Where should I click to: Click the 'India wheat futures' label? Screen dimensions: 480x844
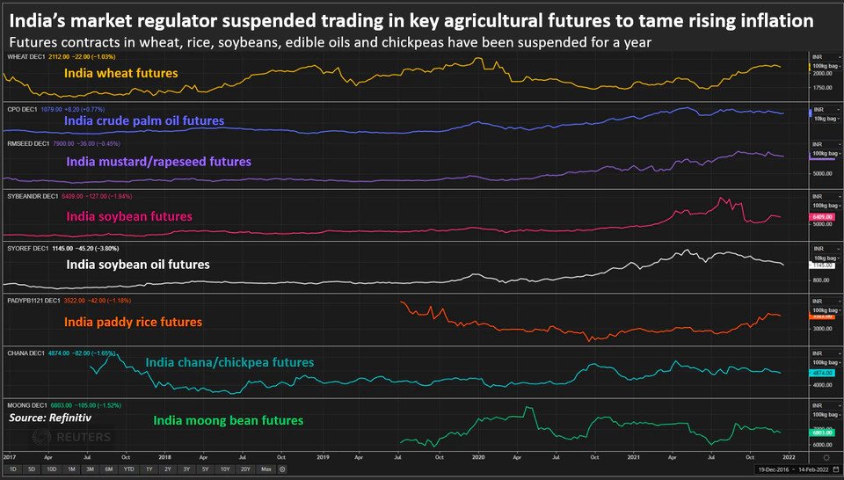click(120, 74)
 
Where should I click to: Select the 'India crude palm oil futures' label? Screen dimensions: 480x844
click(144, 120)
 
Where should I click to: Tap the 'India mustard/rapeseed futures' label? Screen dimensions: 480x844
click(159, 162)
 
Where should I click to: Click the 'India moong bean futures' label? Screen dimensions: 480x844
click(229, 420)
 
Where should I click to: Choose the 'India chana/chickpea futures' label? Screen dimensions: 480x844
click(229, 362)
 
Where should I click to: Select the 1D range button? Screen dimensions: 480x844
click(14, 470)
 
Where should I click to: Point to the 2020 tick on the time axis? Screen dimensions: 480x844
click(478, 457)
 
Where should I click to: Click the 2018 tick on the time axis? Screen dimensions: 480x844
click(164, 457)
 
